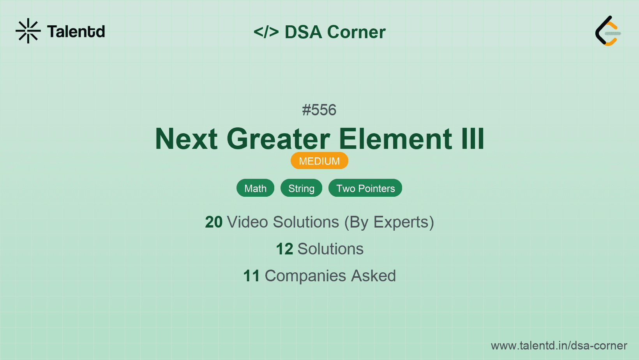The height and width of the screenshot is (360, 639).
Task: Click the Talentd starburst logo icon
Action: [x=28, y=31]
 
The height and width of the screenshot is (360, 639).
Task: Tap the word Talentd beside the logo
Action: [x=76, y=32]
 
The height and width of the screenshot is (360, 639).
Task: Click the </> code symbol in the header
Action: [x=266, y=32]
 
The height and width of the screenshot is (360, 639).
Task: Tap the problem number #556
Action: [x=319, y=110]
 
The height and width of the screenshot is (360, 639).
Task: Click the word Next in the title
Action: [x=186, y=139]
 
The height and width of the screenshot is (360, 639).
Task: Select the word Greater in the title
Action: [x=279, y=139]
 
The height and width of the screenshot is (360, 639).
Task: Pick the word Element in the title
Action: [x=395, y=139]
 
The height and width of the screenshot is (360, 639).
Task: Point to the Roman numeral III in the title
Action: [x=473, y=139]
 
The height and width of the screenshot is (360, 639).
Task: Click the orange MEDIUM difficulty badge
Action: [x=319, y=161]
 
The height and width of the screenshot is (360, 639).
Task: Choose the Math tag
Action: [x=255, y=188]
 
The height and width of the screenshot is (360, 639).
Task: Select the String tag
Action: [x=301, y=188]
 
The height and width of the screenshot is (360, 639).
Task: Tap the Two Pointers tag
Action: [x=365, y=188]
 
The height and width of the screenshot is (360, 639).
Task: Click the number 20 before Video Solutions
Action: [x=214, y=222]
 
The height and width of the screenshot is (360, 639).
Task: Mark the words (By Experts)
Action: [x=389, y=222]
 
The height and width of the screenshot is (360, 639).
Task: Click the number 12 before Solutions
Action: [x=284, y=249]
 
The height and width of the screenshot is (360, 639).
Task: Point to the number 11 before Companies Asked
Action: [x=251, y=275]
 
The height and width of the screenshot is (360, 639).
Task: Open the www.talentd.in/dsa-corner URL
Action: [x=559, y=346]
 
